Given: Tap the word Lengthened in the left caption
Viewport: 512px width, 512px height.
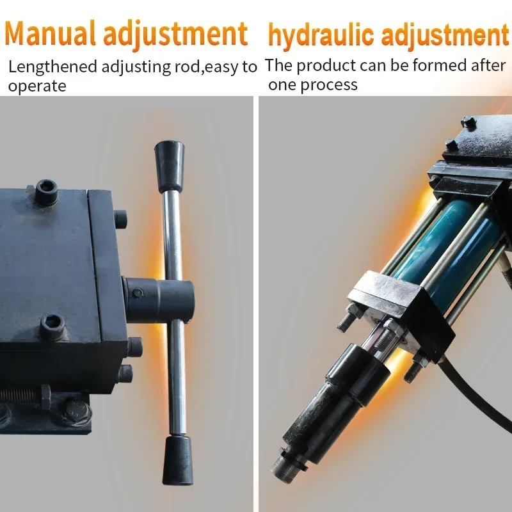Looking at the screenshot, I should tap(52, 67).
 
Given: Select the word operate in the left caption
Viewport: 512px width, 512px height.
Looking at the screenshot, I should tap(37, 86).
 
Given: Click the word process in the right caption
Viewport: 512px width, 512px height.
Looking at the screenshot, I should tap(332, 84).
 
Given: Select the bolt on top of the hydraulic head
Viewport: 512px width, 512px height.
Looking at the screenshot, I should tap(468, 122).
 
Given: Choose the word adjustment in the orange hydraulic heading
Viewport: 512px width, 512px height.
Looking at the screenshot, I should tap(443, 35).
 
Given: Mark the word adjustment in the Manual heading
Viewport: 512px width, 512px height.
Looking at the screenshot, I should tap(174, 33).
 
